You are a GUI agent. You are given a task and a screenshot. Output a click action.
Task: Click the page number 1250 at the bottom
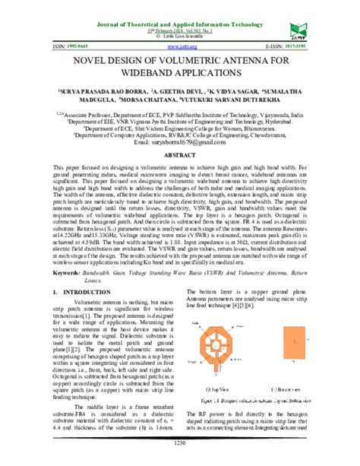tap(180, 442)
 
